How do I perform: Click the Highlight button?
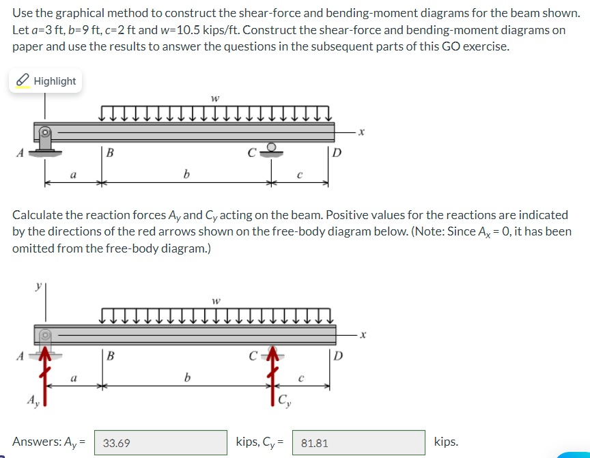point(46,81)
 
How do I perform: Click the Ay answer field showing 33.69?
point(160,443)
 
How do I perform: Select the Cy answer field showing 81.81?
point(359,443)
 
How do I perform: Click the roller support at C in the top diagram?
point(271,148)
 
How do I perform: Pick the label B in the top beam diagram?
point(109,153)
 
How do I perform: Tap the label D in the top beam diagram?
point(336,152)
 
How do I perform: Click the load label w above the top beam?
point(215,98)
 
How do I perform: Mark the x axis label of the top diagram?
point(365,134)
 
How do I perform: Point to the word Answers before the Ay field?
point(36,442)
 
